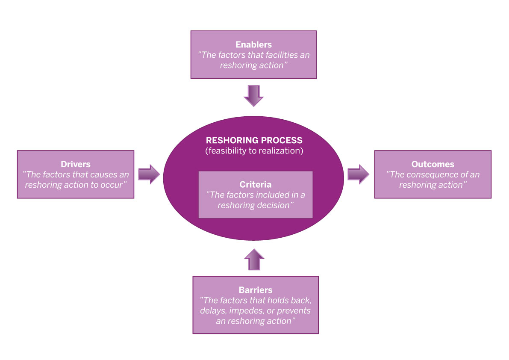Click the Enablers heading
tap(253, 44)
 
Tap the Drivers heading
tap(75, 164)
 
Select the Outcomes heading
tap(433, 164)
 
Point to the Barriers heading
tap(256, 290)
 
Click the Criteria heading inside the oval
tap(256, 185)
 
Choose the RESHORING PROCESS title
tap(254, 140)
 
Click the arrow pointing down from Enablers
tap(254, 95)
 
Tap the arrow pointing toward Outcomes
tap(358, 174)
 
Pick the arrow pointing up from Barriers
tap(254, 259)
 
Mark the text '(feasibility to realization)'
tap(254, 151)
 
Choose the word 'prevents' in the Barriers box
tap(293, 311)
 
